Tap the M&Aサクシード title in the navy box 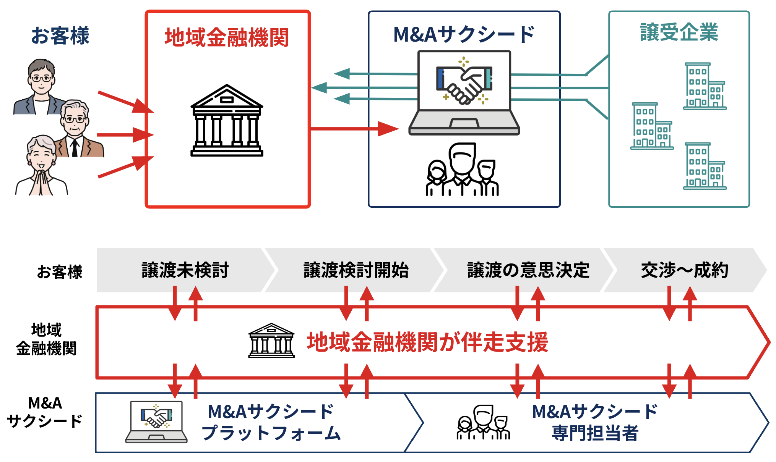[x=464, y=35]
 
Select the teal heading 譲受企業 [x=679, y=32]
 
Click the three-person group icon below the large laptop [x=462, y=170]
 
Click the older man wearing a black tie [x=76, y=130]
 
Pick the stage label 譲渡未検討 [x=185, y=270]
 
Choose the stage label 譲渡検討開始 [x=356, y=270]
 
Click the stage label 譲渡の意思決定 [x=528, y=270]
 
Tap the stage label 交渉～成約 [x=684, y=270]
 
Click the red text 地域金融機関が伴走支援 [x=427, y=342]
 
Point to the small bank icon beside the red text [x=271, y=341]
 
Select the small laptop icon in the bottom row [x=156, y=422]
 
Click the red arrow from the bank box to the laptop [x=354, y=129]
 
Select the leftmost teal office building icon [x=651, y=126]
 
